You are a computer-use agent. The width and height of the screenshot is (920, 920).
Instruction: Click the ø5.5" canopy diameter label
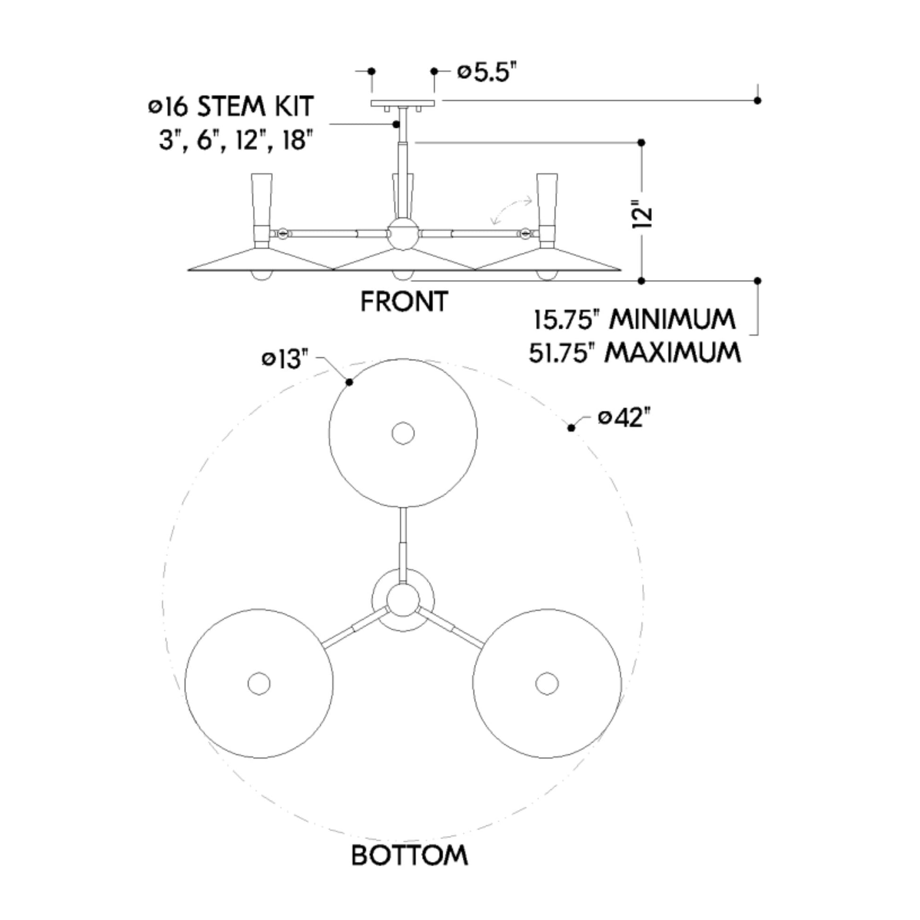(x=486, y=73)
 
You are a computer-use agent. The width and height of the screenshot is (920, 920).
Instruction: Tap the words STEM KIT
(x=255, y=106)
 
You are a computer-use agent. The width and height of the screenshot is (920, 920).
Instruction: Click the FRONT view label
(x=404, y=302)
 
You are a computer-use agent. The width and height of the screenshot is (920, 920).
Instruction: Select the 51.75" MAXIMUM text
(x=635, y=353)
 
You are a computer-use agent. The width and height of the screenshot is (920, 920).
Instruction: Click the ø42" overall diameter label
(x=624, y=418)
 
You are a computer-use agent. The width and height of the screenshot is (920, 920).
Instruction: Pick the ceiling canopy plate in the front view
(x=403, y=103)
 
